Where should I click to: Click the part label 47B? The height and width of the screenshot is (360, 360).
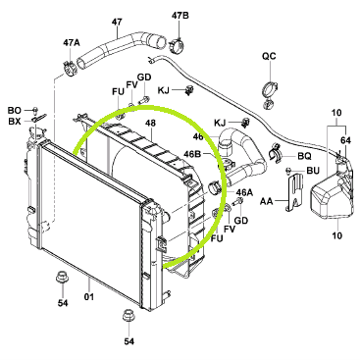pyautogui.click(x=180, y=16)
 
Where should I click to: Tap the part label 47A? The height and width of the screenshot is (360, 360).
pyautogui.click(x=72, y=42)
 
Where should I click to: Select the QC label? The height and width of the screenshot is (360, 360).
pyautogui.click(x=269, y=56)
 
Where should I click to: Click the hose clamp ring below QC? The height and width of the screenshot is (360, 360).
pyautogui.click(x=271, y=88)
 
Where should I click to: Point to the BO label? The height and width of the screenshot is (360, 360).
pyautogui.click(x=14, y=111)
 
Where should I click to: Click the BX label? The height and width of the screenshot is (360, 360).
pyautogui.click(x=14, y=122)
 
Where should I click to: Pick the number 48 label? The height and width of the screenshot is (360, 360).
pyautogui.click(x=151, y=123)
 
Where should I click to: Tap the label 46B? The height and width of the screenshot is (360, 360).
pyautogui.click(x=193, y=153)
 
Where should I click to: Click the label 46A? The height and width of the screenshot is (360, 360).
pyautogui.click(x=243, y=192)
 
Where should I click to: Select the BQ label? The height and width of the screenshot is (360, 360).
pyautogui.click(x=304, y=156)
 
